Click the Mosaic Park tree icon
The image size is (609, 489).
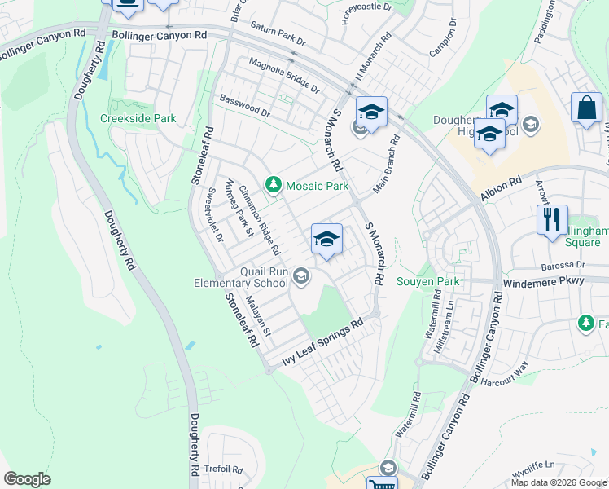click(274, 186)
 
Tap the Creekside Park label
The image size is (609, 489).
click(138, 118)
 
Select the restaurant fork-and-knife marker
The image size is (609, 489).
click(551, 220)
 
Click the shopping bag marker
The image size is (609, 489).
click(586, 108)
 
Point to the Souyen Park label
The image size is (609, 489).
click(428, 282)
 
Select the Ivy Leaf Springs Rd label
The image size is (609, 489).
click(322, 343)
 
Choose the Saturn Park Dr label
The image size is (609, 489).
click(278, 34)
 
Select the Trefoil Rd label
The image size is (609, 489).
click(225, 469)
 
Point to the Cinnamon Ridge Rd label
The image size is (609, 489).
click(259, 219)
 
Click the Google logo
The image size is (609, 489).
click(27, 479)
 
